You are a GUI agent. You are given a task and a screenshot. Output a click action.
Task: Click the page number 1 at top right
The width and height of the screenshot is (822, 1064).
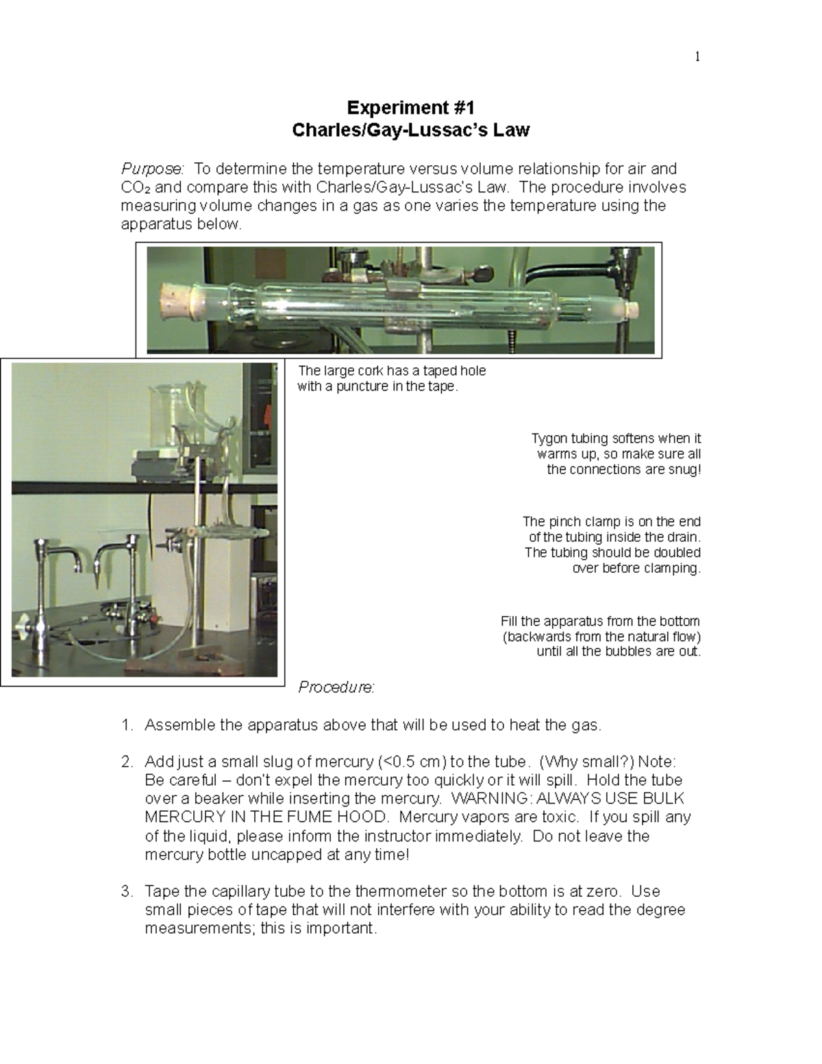(697, 57)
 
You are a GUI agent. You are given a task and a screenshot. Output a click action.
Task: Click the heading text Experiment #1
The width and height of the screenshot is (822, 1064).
(410, 108)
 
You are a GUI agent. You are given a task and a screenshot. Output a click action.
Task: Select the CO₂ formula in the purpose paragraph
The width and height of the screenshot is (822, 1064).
(132, 188)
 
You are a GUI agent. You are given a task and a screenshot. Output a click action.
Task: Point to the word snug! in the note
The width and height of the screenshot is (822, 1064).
(684, 469)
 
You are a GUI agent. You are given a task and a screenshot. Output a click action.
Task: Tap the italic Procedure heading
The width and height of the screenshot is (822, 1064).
(336, 687)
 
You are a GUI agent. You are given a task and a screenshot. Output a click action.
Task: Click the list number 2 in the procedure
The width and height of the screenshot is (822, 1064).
(126, 762)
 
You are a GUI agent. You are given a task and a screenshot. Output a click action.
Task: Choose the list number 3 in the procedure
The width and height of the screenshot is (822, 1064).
(126, 891)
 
